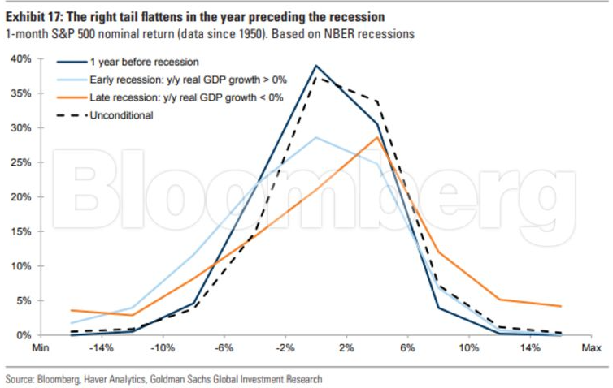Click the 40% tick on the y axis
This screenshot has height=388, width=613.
21,59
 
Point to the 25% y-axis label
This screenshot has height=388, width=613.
21,162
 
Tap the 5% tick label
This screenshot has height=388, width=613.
24,300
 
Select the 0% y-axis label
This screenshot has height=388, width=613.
24,334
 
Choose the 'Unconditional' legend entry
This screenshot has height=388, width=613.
121,114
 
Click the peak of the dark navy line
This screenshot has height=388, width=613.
316,66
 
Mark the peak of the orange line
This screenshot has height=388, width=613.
377,137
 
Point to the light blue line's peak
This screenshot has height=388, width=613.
316,137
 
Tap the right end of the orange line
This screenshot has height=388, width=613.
561,306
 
